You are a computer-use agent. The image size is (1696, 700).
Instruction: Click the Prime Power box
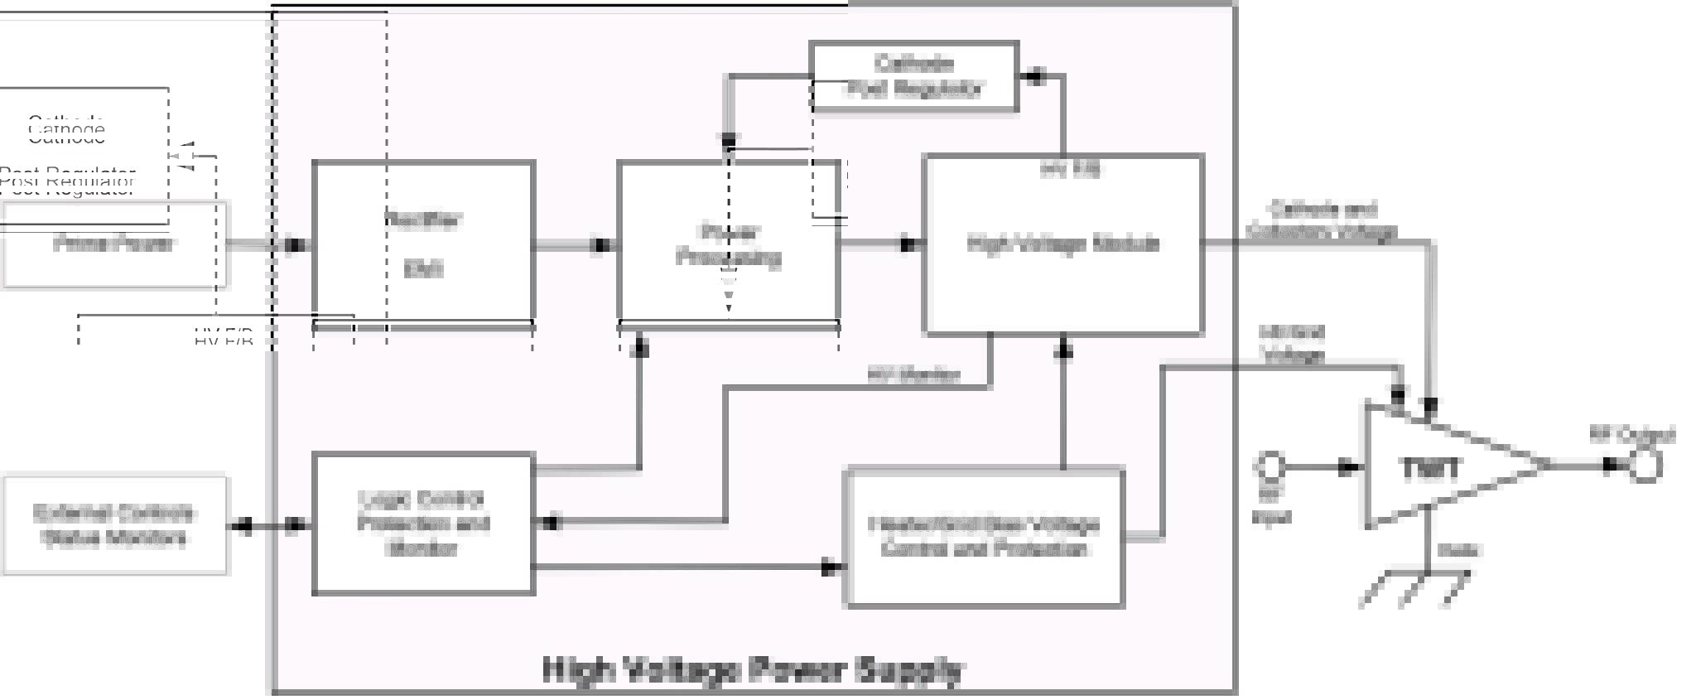click(114, 245)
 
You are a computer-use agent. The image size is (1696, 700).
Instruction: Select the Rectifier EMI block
click(423, 244)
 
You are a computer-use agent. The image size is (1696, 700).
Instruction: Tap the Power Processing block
click(729, 244)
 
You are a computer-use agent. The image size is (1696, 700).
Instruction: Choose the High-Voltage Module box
click(1063, 244)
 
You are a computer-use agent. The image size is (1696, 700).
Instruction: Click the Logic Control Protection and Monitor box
click(423, 524)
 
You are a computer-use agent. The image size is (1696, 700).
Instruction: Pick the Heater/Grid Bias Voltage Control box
click(984, 538)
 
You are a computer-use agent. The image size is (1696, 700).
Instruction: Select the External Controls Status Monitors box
click(114, 525)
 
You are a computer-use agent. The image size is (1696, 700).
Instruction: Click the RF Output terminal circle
click(1645, 466)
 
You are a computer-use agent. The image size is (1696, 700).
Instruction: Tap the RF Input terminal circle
click(1270, 466)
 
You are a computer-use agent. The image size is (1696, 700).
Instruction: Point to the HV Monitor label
click(913, 375)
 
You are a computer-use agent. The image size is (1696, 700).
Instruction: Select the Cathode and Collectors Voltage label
click(1322, 220)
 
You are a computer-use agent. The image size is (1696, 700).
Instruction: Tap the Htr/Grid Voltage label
click(1292, 344)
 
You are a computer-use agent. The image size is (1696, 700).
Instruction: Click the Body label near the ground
click(1458, 550)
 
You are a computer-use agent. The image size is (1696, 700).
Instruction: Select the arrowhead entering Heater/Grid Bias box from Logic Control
click(831, 568)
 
